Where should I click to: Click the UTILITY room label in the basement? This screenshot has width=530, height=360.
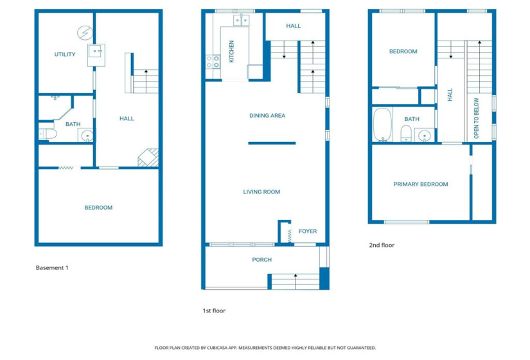tap(65, 55)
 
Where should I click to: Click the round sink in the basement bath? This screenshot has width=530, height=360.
tap(86, 135)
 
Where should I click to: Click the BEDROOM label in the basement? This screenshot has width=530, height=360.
tap(98, 208)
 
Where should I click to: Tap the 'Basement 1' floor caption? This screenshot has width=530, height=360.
tap(51, 267)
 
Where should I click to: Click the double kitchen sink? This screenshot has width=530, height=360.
tap(240, 21)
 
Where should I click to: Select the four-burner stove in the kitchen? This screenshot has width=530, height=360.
tap(213, 62)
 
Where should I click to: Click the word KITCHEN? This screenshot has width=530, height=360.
tap(231, 51)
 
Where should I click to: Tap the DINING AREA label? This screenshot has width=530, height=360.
tap(267, 116)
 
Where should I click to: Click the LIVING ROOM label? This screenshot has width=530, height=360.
tap(261, 192)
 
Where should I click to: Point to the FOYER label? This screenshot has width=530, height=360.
tap(308, 231)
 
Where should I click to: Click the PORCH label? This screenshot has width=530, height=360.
tap(261, 260)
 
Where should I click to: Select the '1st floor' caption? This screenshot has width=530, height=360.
tap(214, 310)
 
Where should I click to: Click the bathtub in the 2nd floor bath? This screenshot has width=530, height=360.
tap(382, 125)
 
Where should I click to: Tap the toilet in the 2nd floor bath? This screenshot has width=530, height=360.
tap(406, 134)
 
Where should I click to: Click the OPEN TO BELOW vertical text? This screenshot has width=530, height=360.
tap(477, 118)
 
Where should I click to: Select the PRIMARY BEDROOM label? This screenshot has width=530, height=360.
tap(421, 184)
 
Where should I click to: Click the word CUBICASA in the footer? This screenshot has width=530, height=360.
tap(229, 347)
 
